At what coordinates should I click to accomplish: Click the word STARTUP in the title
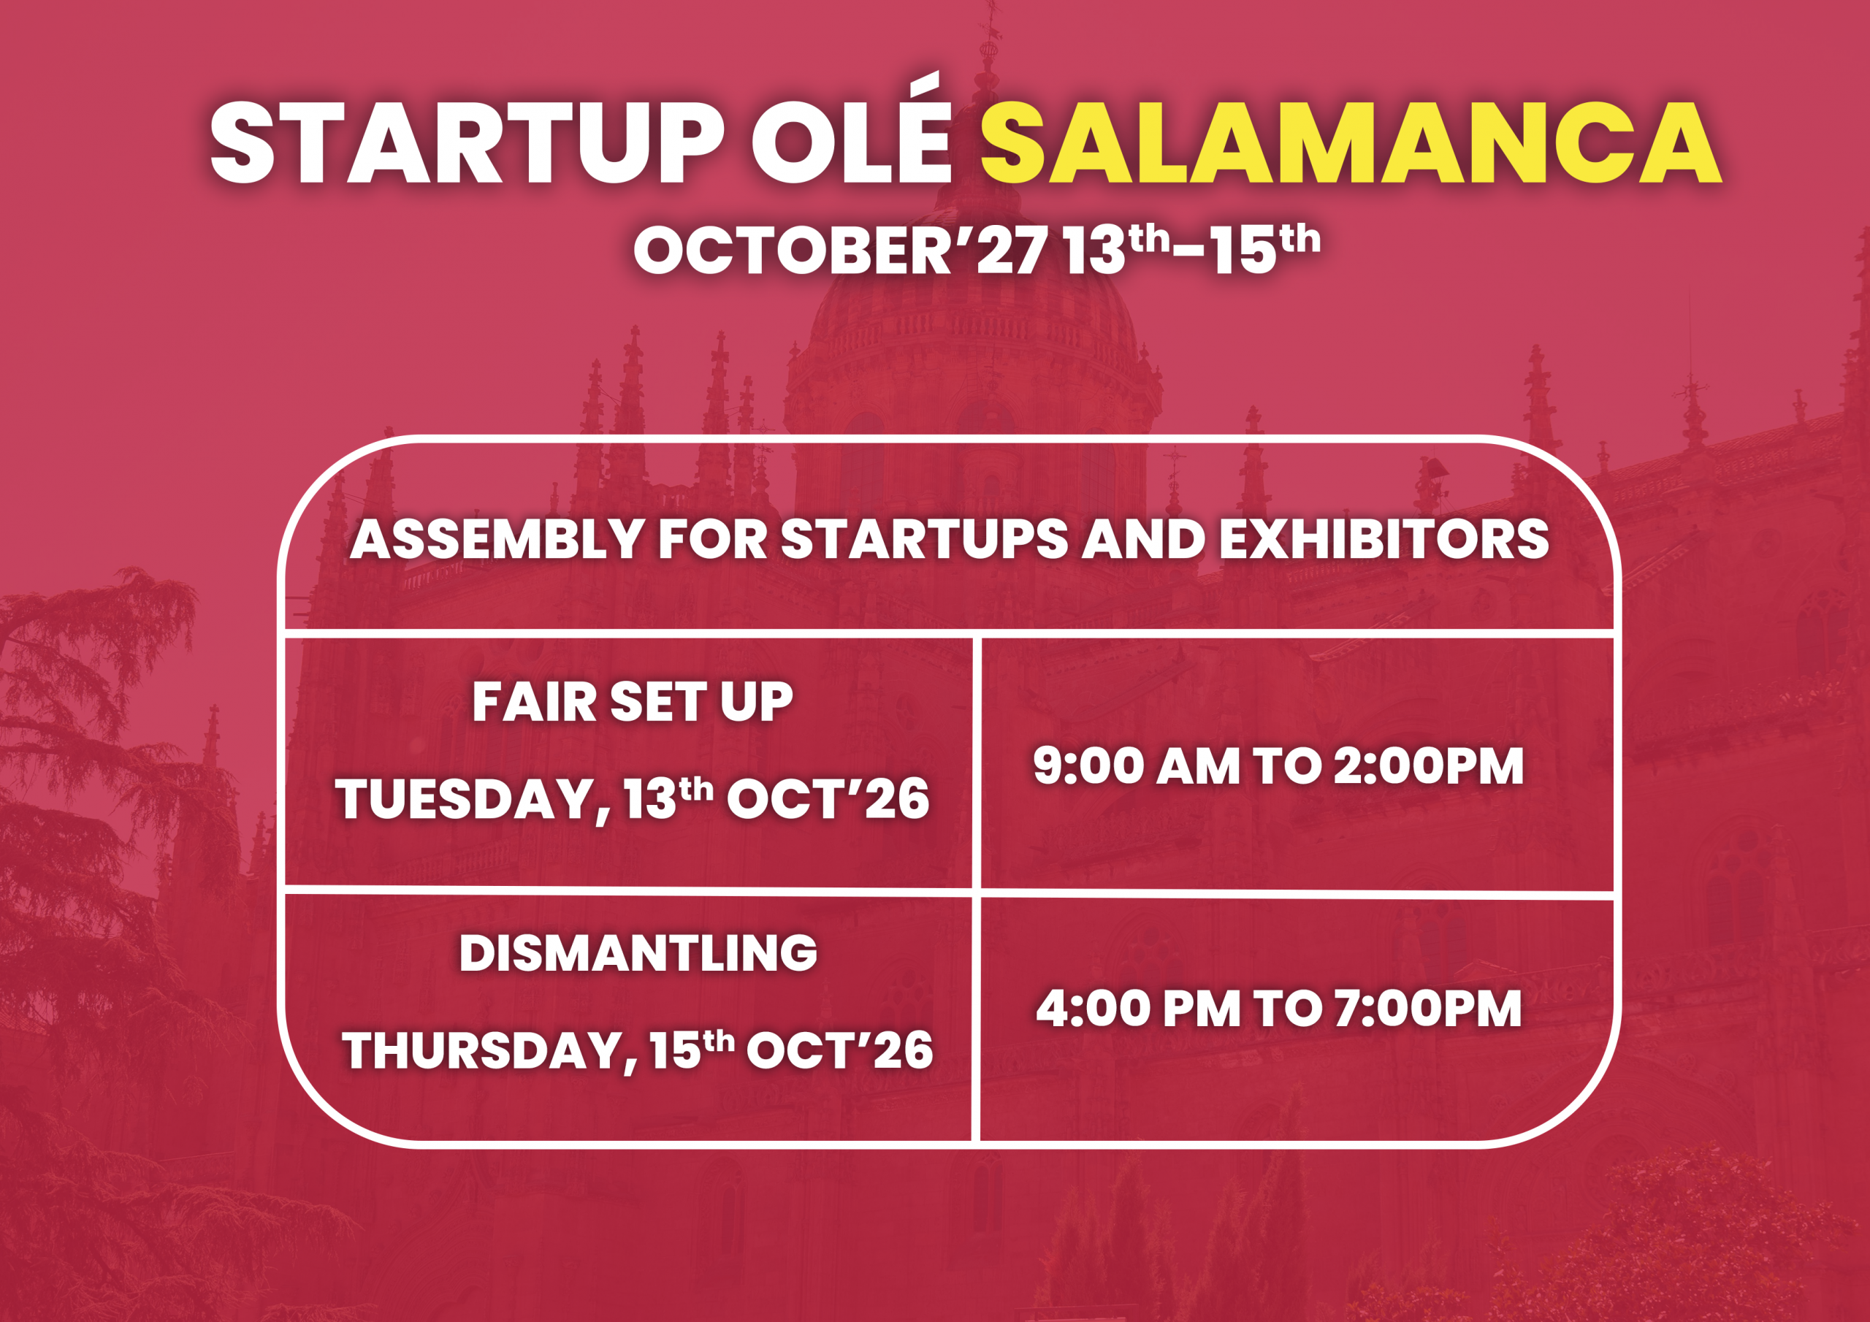point(467,144)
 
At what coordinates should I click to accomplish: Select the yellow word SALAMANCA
point(1351,144)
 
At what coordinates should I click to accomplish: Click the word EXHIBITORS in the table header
point(1384,539)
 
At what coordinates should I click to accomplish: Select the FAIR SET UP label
point(632,701)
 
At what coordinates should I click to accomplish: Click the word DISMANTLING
point(638,952)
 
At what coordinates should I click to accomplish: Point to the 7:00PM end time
point(1428,1009)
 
